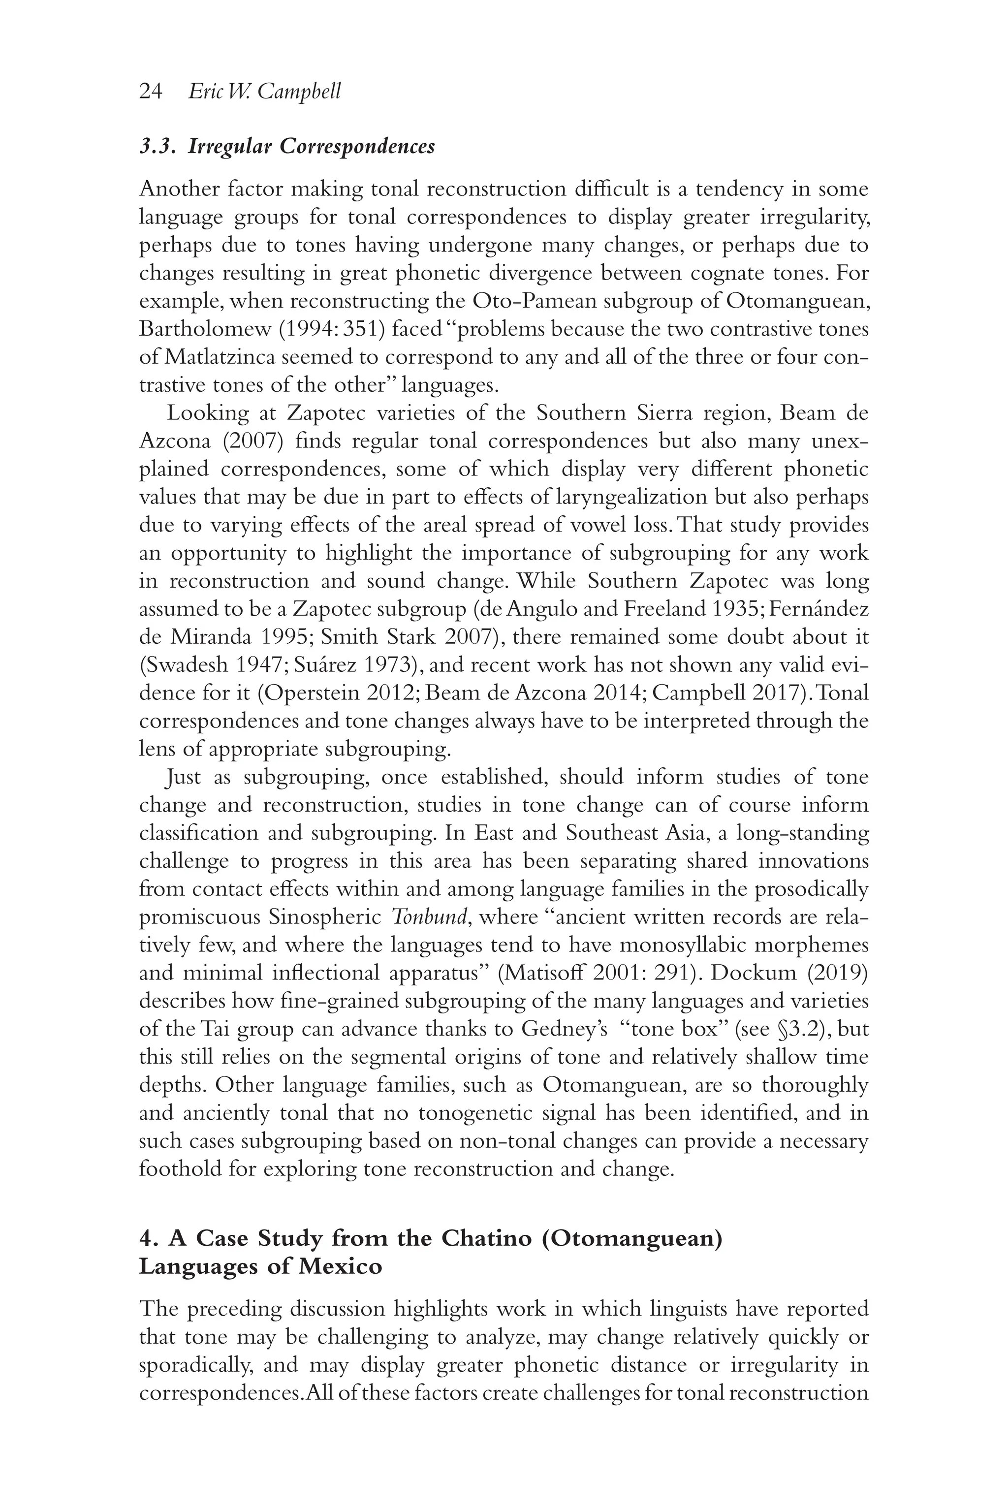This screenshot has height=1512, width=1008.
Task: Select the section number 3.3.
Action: point(157,147)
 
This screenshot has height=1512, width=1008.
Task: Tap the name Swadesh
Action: point(189,665)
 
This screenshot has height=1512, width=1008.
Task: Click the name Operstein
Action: point(307,693)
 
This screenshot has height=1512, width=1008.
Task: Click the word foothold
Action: point(179,1169)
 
